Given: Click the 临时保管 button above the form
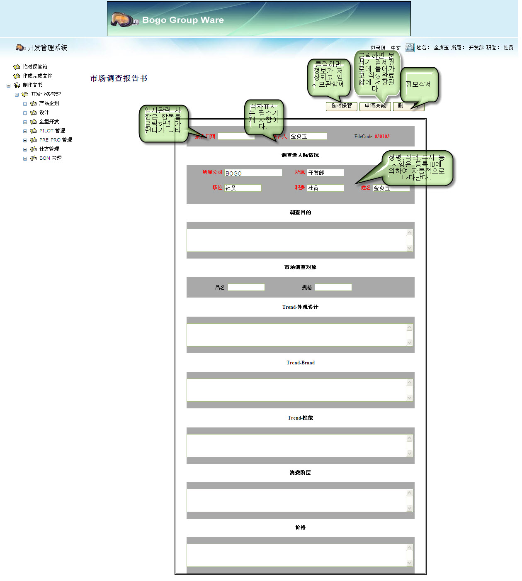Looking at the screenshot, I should pos(341,106).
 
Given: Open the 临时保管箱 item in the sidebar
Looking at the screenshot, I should pos(35,67).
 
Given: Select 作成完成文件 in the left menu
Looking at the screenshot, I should pos(37,76).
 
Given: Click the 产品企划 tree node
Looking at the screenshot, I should pos(49,103).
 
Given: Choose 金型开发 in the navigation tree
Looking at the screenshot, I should pos(49,122).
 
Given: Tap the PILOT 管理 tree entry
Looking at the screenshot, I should pos(52,131).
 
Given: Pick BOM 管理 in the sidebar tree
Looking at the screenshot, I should pos(50,158).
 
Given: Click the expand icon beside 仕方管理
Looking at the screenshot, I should pos(25,149).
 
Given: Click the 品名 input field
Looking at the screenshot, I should pos(246,287).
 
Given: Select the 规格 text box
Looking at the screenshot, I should pos(333,287).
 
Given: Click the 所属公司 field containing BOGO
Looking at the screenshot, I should pos(253,173).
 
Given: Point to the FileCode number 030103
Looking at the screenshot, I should pos(382,137).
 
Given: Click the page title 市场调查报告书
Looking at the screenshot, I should pos(119,78).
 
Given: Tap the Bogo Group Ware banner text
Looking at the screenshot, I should pos(183,20).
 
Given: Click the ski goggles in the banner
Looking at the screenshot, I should pos(123,19).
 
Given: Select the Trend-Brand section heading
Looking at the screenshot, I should pos(301,363).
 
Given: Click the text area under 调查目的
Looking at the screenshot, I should pos(296,240).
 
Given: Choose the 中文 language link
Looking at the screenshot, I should pos(396,48).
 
